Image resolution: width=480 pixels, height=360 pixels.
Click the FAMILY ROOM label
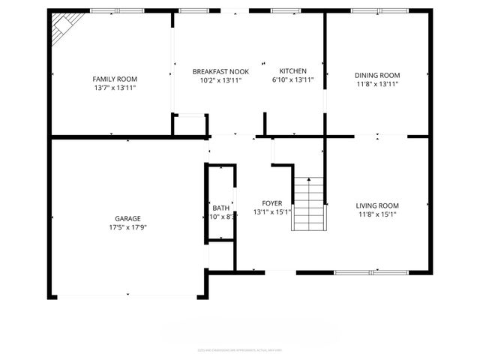point(115,79)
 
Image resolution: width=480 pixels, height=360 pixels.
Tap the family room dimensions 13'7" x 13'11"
point(115,88)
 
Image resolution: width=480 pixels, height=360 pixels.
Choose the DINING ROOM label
point(377,75)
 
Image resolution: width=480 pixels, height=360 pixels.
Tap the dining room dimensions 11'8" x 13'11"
point(377,84)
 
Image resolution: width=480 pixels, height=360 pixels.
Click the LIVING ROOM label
point(377,205)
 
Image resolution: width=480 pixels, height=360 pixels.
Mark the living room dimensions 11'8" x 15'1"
point(377,214)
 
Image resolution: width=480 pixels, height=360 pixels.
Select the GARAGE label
point(127,218)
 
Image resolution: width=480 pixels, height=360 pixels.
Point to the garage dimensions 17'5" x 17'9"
point(127,227)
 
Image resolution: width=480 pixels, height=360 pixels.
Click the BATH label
point(220,208)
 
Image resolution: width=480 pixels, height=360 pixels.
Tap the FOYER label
point(271,203)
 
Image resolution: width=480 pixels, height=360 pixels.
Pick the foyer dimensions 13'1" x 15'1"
point(271,212)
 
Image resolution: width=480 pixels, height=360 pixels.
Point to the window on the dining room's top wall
point(377,11)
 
